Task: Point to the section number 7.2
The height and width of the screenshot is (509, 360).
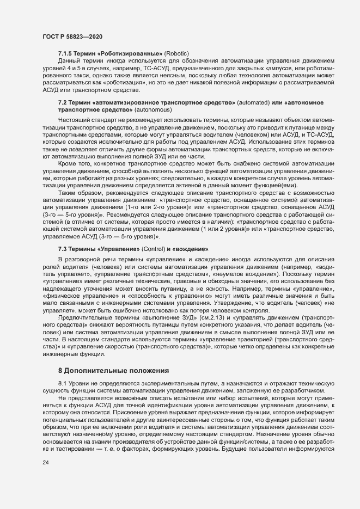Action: click(64, 103)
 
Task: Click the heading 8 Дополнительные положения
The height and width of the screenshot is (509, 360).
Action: click(113, 355)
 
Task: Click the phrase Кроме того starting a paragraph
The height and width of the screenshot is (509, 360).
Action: click(75, 164)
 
